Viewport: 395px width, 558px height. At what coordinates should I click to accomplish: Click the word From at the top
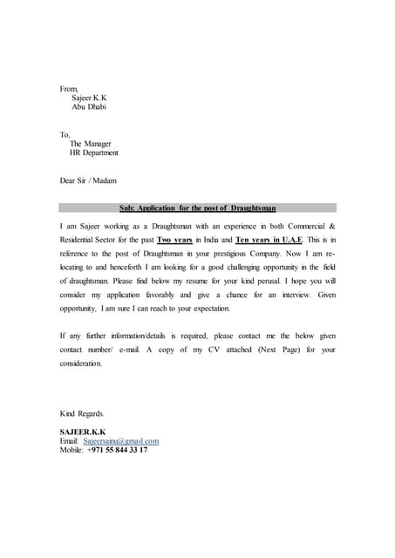click(x=68, y=88)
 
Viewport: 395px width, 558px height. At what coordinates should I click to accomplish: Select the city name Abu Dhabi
click(x=89, y=107)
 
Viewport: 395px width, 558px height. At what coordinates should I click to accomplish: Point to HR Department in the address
click(x=94, y=153)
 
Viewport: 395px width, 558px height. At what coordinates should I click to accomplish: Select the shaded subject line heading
click(x=197, y=208)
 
